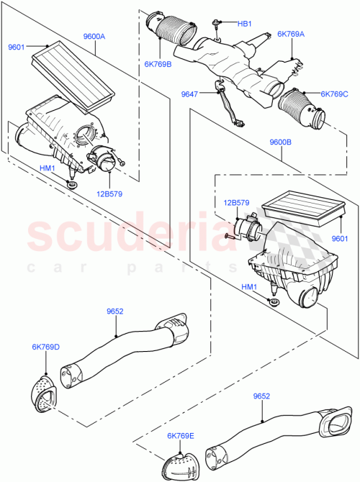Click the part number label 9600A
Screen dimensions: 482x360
coord(94,36)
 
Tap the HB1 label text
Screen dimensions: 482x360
coord(245,24)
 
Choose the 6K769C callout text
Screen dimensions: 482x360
coord(334,94)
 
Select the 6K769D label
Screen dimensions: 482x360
coord(45,347)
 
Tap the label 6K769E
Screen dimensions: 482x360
coord(182,435)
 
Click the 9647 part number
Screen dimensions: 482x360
coord(189,93)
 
